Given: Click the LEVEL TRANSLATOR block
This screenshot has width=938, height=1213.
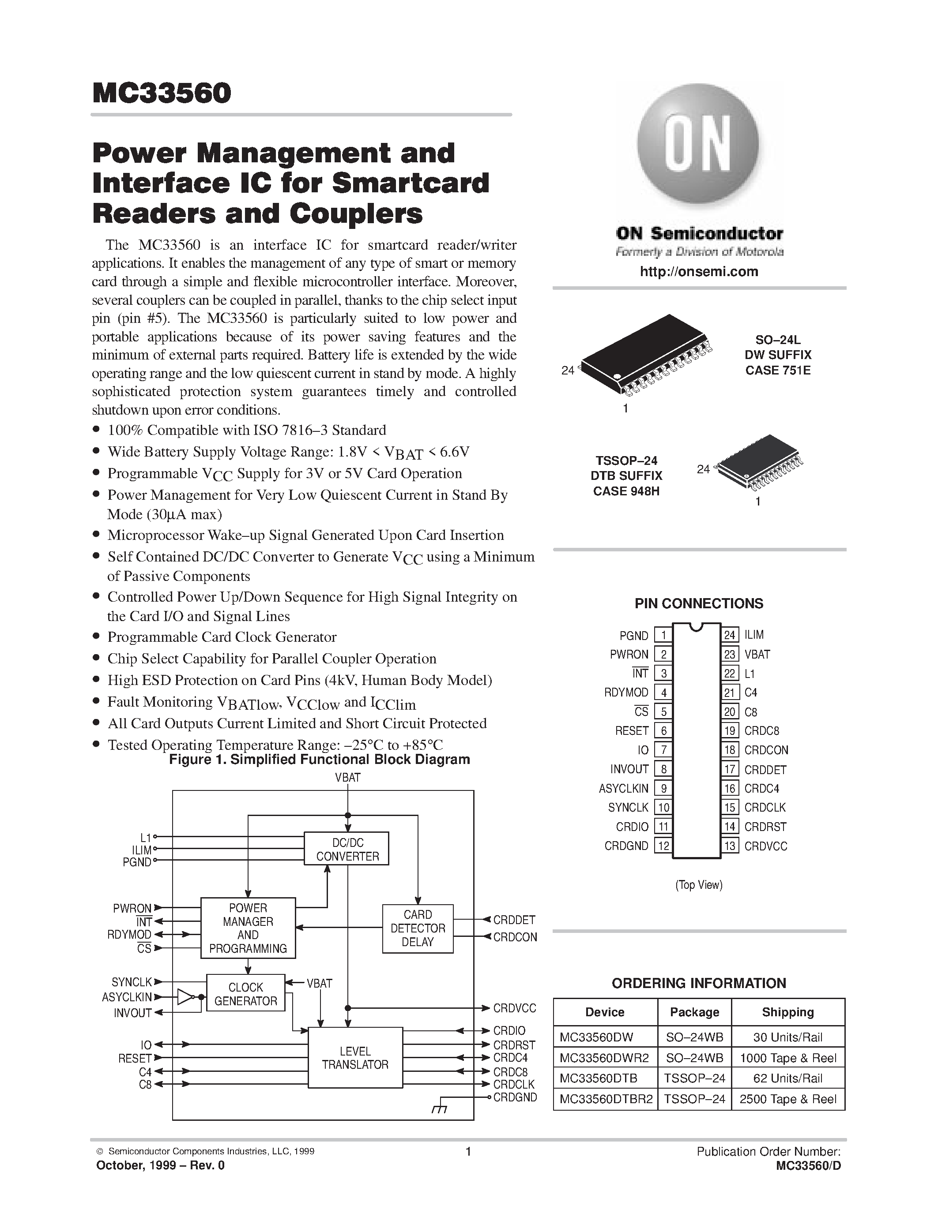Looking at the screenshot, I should pos(355,1057).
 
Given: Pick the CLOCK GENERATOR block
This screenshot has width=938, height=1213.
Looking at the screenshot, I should pos(245,993).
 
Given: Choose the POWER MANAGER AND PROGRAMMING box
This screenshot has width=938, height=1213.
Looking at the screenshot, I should pos(248,928).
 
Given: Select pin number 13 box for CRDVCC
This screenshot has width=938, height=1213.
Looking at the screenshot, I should pos(730,846).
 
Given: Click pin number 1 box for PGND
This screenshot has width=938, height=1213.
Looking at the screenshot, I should pos(663,635).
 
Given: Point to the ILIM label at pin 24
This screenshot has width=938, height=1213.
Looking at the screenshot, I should pos(754,635).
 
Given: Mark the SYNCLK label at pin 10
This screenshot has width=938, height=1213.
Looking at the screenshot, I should pos(628,808).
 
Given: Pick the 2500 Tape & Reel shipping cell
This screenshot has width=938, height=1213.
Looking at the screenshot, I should pos(788,1099).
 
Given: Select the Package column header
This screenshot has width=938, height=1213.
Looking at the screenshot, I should pos(695,1012).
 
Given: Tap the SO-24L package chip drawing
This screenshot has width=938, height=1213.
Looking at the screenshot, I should pos(644,356).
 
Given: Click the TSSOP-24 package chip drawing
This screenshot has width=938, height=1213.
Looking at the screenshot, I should pos(758,462).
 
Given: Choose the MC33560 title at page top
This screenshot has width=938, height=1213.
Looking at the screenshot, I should pos(162,94).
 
